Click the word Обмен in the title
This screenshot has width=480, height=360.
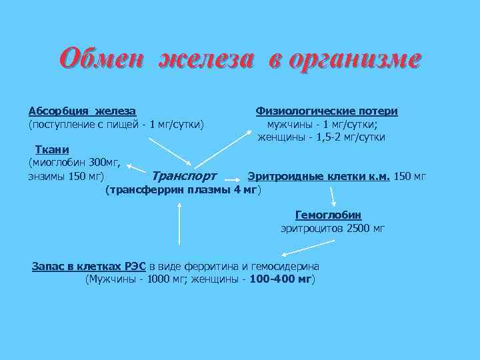(x=102, y=58)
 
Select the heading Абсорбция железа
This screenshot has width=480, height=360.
(x=83, y=111)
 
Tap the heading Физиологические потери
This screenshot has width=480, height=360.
(x=327, y=111)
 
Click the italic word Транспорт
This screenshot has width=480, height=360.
(x=184, y=177)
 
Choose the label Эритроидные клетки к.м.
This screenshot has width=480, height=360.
(x=319, y=177)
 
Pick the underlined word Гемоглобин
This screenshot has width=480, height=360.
(x=328, y=215)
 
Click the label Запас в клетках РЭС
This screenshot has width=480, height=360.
(x=89, y=265)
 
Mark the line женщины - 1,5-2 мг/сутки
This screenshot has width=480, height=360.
(x=322, y=137)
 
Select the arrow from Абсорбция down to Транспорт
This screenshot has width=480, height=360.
(x=169, y=153)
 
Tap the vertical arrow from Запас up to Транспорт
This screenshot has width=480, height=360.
(x=178, y=223)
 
